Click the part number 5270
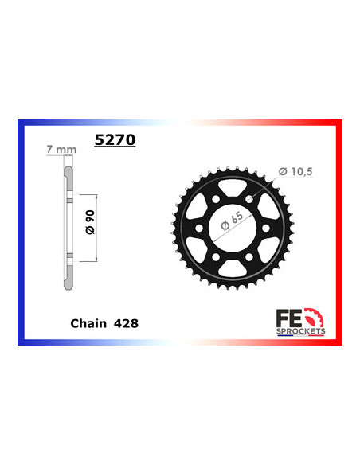point(115,140)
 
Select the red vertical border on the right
point(340,231)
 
